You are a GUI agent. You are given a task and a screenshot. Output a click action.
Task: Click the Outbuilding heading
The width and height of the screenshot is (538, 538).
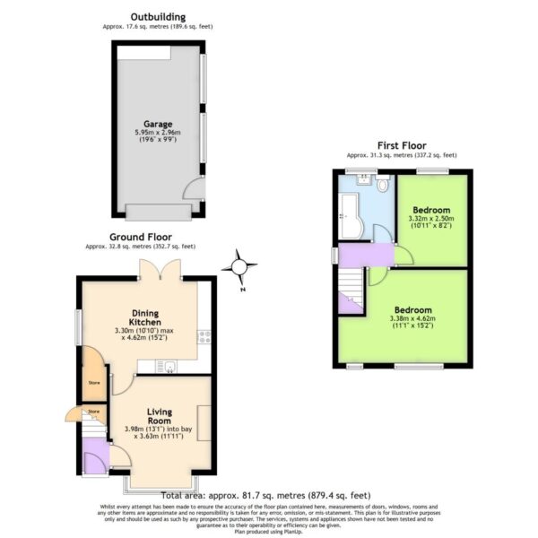pyautogui.click(x=158, y=16)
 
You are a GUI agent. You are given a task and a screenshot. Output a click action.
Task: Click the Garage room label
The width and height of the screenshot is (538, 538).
pyautogui.click(x=158, y=124)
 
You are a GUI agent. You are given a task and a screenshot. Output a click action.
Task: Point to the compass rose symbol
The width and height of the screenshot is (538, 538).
pyautogui.click(x=240, y=266)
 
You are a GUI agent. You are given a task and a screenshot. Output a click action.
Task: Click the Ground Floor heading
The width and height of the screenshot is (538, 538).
pyautogui.click(x=140, y=237)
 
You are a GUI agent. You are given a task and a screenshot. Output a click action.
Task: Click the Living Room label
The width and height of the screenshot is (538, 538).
pyautogui.click(x=159, y=418)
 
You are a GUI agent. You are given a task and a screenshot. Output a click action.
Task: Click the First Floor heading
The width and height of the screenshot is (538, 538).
pyautogui.click(x=401, y=145)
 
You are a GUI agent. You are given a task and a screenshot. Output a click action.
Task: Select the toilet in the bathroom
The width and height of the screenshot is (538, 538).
pyautogui.click(x=383, y=186)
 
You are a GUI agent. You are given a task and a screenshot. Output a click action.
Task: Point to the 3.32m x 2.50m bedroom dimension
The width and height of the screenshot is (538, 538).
pyautogui.click(x=430, y=222)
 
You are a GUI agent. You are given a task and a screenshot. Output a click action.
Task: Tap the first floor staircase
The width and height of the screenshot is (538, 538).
pyautogui.click(x=351, y=291)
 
